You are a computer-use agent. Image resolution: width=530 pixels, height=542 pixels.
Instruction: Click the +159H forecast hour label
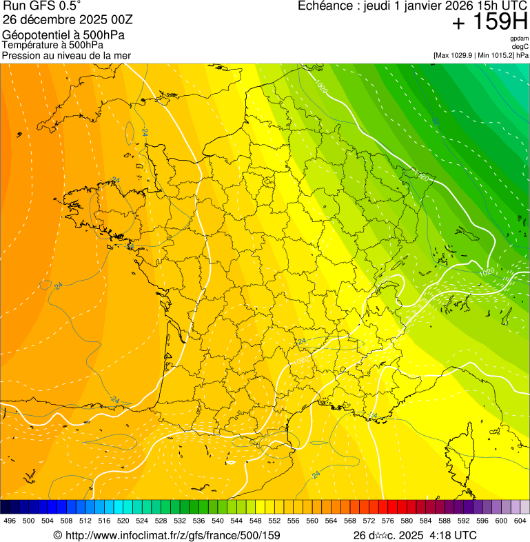tap(490, 23)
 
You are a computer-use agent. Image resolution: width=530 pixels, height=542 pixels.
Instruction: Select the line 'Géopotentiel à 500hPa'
tap(53, 35)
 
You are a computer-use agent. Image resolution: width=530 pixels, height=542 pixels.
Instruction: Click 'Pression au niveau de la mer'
tap(66, 55)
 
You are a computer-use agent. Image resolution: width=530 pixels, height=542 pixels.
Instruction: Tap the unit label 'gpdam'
tap(519, 39)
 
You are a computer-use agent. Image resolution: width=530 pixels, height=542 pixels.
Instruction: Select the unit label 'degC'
tap(521, 46)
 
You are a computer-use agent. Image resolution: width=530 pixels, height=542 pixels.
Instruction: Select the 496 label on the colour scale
tap(10, 521)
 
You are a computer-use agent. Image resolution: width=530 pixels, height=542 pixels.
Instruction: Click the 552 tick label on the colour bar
tap(274, 521)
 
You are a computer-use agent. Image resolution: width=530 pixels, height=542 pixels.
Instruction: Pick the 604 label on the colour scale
tap(520, 521)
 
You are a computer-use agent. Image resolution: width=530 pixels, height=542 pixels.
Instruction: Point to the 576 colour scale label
tap(387, 521)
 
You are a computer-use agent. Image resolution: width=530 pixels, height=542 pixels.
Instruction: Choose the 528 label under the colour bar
tap(161, 521)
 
